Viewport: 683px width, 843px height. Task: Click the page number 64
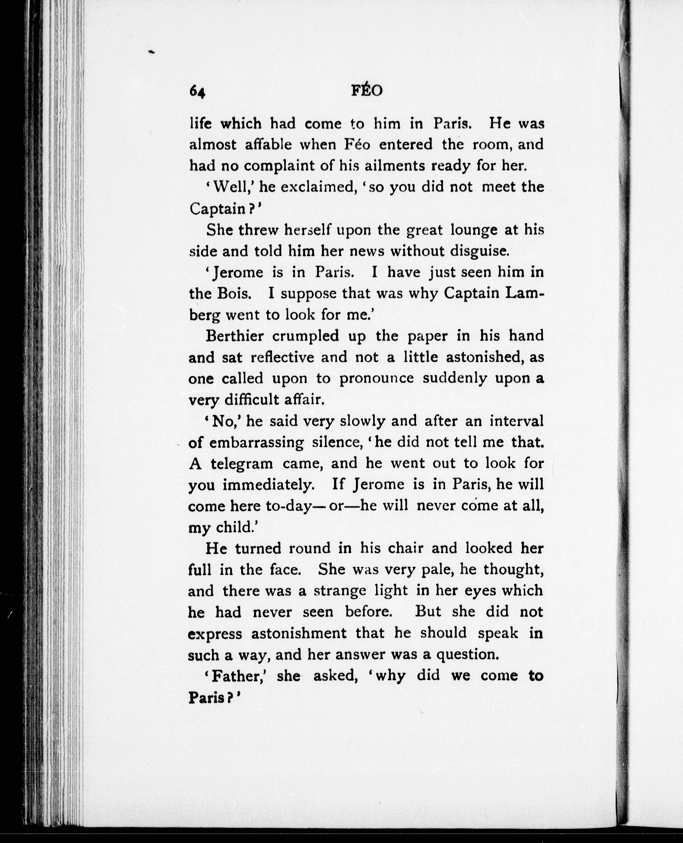197,92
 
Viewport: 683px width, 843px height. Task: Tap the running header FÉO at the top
366,91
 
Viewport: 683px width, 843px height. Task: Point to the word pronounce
376,379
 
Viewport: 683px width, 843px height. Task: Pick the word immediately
269,485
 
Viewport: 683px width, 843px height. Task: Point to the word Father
239,676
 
